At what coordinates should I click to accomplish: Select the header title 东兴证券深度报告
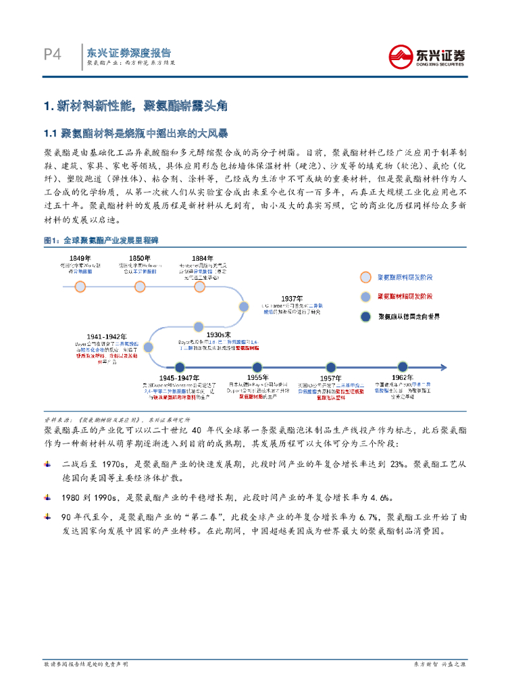129,52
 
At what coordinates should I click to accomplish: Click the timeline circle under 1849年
80,287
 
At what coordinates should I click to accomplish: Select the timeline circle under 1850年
140,287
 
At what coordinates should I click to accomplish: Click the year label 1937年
292,298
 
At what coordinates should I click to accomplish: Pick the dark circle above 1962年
403,366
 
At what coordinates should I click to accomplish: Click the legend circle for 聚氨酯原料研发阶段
366,277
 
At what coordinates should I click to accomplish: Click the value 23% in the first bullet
398,464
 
